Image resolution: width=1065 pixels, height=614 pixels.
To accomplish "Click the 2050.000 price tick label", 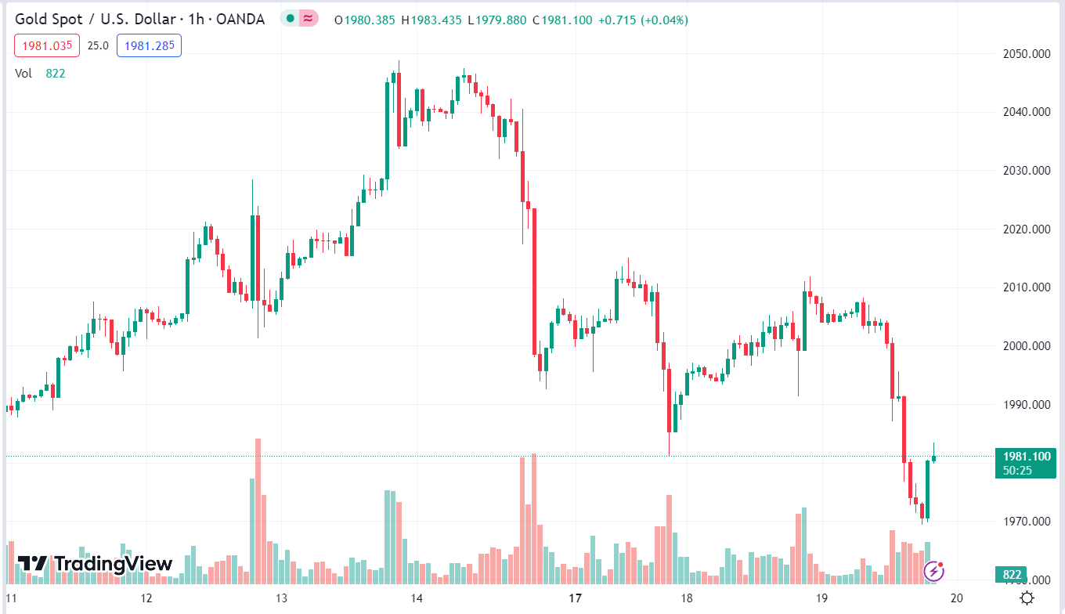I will point(1026,54).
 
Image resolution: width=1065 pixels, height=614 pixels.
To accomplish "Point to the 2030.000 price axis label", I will point(1026,171).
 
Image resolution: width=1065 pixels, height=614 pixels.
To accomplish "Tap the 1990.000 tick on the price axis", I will point(1026,405).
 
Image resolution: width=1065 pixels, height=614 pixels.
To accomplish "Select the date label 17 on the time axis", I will point(576,598).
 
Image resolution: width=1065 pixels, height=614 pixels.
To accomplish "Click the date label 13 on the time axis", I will point(281,598).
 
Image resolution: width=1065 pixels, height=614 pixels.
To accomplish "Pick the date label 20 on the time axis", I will point(955,598).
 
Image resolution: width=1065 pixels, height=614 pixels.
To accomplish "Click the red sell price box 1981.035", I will point(47,45).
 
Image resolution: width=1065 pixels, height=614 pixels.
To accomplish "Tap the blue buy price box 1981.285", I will point(149,45).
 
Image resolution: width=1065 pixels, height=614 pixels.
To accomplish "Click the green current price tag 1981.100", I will point(1027,457).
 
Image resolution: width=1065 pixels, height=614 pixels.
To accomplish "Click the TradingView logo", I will point(95,564).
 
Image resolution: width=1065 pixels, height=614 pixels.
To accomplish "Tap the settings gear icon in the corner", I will point(1027,598).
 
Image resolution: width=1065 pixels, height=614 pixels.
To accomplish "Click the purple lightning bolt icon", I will point(933,571).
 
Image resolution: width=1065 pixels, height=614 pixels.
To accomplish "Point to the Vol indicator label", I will point(23,74).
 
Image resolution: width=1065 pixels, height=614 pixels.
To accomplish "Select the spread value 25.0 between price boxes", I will point(98,45).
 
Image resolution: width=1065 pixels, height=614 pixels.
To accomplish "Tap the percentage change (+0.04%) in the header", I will point(664,20).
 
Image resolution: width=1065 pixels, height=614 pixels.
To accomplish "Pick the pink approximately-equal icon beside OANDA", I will point(309,19).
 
